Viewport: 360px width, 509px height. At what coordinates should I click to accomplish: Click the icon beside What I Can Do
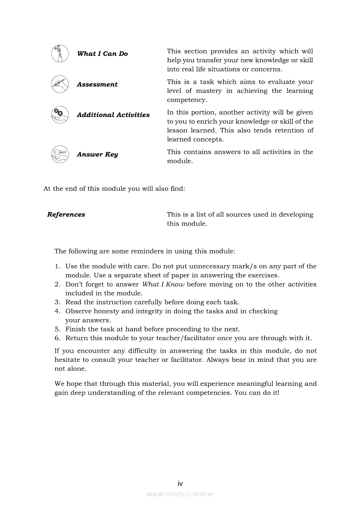coord(60,54)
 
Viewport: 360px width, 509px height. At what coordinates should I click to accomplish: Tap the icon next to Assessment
coord(60,84)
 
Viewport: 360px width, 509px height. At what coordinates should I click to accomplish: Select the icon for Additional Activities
coord(60,115)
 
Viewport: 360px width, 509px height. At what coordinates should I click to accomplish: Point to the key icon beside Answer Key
coord(60,154)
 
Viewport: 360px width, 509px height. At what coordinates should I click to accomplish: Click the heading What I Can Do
coord(102,54)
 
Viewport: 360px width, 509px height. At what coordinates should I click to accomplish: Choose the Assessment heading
coord(97,84)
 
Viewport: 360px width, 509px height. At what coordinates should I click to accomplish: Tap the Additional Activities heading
coord(113,115)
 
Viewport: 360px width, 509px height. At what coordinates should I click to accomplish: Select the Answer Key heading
coord(97,155)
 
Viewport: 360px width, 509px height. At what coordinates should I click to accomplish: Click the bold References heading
coord(66,215)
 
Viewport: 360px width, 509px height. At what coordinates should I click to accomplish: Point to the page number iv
coord(180,483)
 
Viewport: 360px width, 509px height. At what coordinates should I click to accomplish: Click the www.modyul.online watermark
coord(180,494)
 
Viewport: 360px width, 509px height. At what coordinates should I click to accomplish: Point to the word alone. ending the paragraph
coord(77,369)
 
